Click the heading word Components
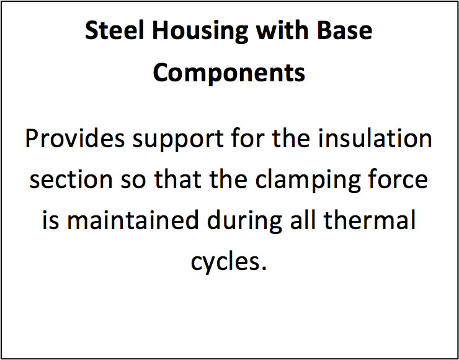229,73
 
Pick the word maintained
132,220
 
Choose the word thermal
368,220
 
